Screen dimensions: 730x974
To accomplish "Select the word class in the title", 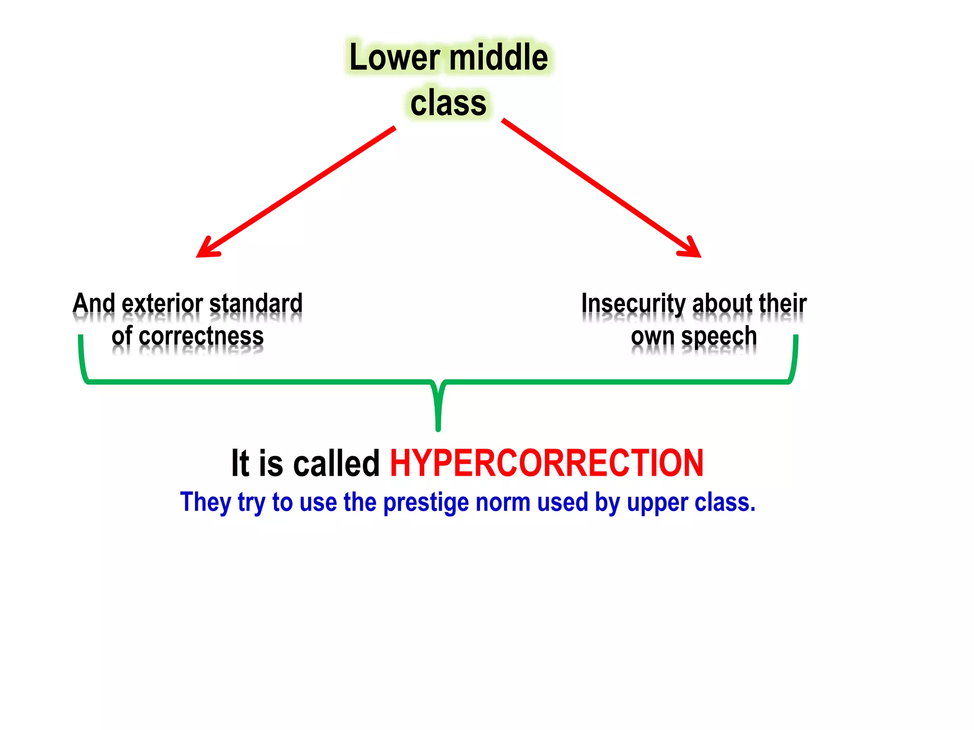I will coord(448,104).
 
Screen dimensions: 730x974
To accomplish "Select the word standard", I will coord(256,304).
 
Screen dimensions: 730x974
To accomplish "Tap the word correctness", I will coord(201,336).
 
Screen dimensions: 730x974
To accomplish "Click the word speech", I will coord(719,336).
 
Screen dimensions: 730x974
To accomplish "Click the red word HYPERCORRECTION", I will coord(546,463).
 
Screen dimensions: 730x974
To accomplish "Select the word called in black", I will coord(336,463).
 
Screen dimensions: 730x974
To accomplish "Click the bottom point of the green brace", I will coord(438,429).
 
